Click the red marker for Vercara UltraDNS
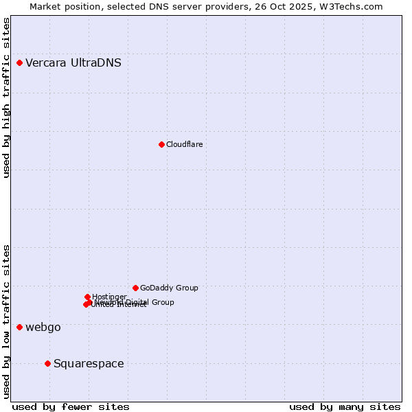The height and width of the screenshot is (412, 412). click(x=20, y=63)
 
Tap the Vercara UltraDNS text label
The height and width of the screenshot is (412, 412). click(x=73, y=63)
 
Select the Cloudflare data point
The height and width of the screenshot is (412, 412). click(x=161, y=144)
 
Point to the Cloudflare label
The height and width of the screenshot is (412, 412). click(x=184, y=144)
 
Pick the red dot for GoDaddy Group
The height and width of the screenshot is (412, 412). click(x=135, y=288)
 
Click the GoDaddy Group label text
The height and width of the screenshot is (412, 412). click(x=169, y=288)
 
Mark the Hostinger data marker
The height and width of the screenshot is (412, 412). click(x=87, y=297)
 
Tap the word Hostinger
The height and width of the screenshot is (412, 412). click(x=109, y=297)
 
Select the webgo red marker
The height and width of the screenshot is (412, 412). click(x=20, y=327)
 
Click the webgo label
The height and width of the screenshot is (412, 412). click(x=43, y=328)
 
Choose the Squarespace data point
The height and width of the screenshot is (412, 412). click(x=47, y=363)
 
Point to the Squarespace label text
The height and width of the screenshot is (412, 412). click(x=89, y=364)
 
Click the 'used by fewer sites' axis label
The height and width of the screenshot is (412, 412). click(x=71, y=407)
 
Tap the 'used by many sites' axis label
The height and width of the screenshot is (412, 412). click(x=345, y=407)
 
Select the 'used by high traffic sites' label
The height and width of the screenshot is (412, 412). click(x=6, y=98)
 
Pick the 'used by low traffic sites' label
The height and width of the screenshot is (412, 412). click(x=6, y=321)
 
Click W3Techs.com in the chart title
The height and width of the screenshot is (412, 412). click(x=354, y=6)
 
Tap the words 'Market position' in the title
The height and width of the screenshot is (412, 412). click(x=62, y=6)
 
